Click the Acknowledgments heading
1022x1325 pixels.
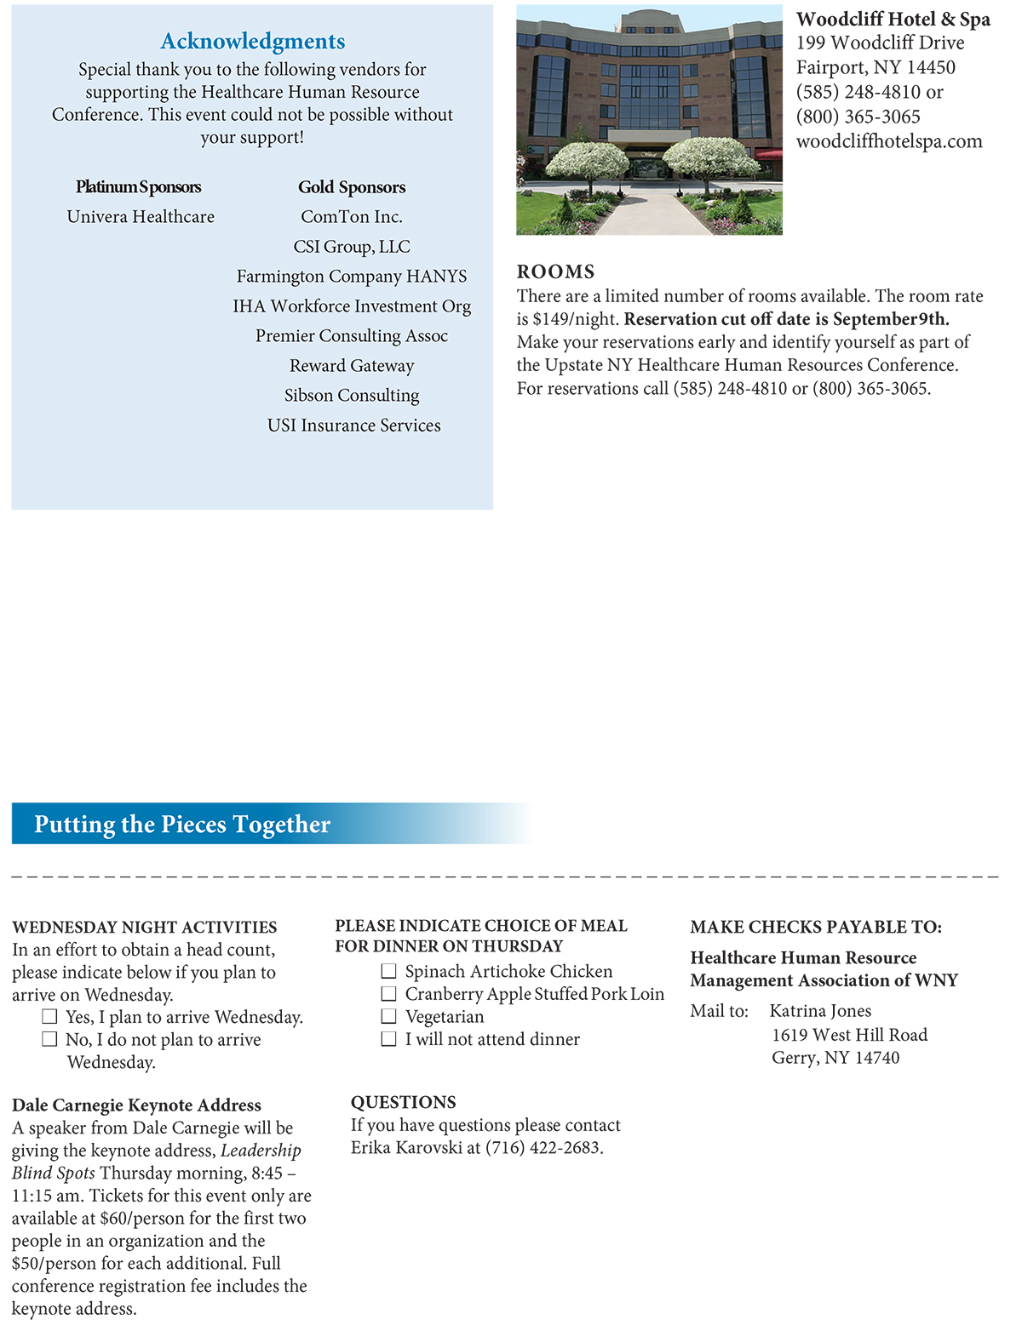253,41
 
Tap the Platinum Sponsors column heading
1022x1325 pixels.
139,186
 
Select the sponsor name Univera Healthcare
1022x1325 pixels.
141,217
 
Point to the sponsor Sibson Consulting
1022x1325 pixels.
352,396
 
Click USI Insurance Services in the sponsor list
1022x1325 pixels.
353,425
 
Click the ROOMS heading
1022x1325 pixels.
555,271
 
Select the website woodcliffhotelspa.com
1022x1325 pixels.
889,141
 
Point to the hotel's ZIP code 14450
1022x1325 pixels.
927,67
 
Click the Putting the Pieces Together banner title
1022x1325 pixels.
182,824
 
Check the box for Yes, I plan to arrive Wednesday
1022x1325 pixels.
50,1016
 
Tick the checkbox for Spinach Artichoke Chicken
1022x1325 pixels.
389,971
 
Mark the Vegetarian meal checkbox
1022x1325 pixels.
389,1016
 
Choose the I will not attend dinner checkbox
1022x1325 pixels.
389,1039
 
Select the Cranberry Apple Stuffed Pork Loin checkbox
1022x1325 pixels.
389,994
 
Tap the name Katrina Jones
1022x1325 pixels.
820,1011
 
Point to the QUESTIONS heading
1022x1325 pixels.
403,1102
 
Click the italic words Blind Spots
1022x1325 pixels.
53,1174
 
